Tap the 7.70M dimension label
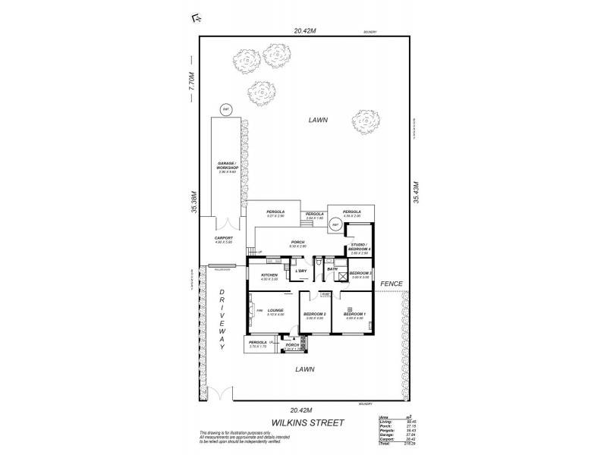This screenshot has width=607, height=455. (192, 82)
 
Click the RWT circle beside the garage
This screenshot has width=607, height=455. (225, 110)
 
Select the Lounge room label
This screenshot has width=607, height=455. (275, 312)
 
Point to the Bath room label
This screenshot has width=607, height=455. (332, 268)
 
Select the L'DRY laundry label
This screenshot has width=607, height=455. (300, 271)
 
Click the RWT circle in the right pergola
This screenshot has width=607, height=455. (337, 224)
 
